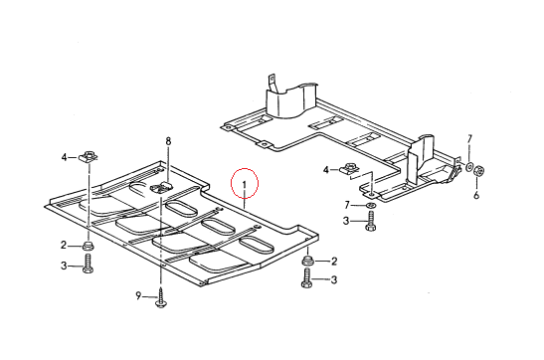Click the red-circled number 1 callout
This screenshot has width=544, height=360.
pyautogui.click(x=245, y=184)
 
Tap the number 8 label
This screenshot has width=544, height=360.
pyautogui.click(x=168, y=141)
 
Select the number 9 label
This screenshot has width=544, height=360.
pyautogui.click(x=138, y=295)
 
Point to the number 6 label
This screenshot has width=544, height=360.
pyautogui.click(x=476, y=195)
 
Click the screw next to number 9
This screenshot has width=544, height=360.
pyautogui.click(x=161, y=298)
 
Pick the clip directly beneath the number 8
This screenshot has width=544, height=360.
pyautogui.click(x=162, y=187)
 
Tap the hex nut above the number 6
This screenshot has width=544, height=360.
pyautogui.click(x=479, y=170)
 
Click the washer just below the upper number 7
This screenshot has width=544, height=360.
pyautogui.click(x=469, y=167)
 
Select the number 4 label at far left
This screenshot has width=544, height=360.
pyautogui.click(x=65, y=157)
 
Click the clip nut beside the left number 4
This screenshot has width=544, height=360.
pyautogui.click(x=89, y=156)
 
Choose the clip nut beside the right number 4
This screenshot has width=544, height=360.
pyautogui.click(x=349, y=169)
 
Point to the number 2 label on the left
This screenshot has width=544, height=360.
pyautogui.click(x=64, y=246)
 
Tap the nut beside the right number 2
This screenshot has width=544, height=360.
pyautogui.click(x=308, y=261)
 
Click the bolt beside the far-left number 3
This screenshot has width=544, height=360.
pyautogui.click(x=88, y=264)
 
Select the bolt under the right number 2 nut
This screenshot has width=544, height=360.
pyautogui.click(x=307, y=278)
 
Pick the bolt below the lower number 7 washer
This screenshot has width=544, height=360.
pyautogui.click(x=371, y=221)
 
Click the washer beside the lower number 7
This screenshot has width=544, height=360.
pyautogui.click(x=371, y=205)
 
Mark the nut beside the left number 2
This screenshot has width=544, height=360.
pyautogui.click(x=88, y=246)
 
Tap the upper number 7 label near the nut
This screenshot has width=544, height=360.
pyautogui.click(x=469, y=139)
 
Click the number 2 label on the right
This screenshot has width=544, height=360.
pyautogui.click(x=334, y=261)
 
